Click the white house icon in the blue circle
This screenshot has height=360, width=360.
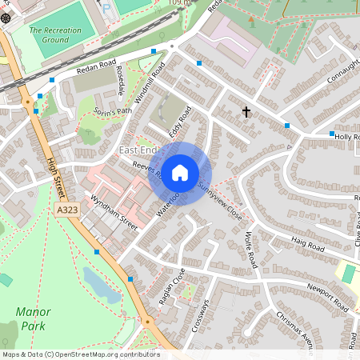tap(180, 172)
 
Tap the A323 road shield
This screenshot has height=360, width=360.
tap(69, 210)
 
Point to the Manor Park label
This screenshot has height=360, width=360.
tap(33, 318)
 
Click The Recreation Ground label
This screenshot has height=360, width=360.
tap(55, 34)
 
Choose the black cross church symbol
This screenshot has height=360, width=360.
tap(246, 111)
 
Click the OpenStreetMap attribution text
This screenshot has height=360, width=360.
tap(80, 354)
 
